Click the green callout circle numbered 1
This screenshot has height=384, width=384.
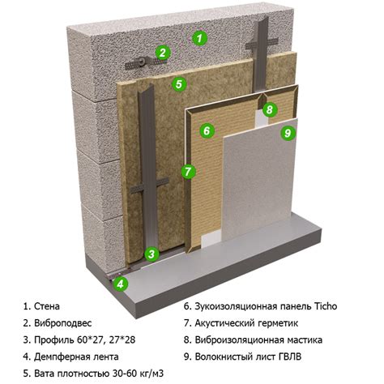coord(199,38)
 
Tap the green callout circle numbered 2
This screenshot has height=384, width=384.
coord(162,53)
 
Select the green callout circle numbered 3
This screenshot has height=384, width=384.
coord(151,254)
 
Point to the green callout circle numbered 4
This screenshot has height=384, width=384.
coord(121,284)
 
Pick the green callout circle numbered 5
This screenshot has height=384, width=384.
coord(179,84)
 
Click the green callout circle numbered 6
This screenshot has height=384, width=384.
coord(207,130)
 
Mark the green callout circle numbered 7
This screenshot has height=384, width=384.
coord(188,171)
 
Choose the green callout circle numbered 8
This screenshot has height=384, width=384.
coord(270,109)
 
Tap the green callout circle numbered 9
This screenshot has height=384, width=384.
coord(288,133)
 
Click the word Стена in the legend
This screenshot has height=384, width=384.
coord(47,306)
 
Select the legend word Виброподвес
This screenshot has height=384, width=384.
coord(62,323)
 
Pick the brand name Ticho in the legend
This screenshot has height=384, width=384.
coord(326,306)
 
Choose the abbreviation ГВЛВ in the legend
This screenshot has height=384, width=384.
coord(289,356)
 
